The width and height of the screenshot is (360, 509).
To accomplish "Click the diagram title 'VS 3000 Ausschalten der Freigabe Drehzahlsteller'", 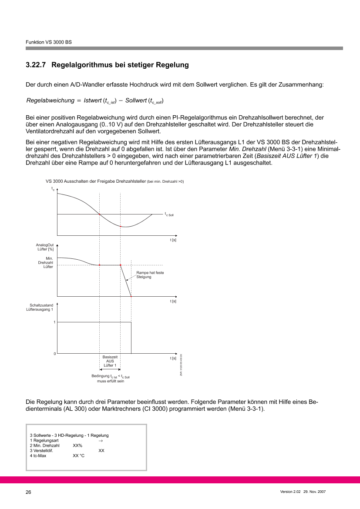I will pos(96,181).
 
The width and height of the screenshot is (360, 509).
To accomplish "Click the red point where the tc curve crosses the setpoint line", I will pos(100,214).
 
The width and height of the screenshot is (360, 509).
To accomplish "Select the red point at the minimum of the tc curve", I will pos(120,227).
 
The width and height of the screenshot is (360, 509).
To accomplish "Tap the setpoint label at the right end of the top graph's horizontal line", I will pos(169,214).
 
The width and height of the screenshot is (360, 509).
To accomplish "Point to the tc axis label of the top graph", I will pos(53,189).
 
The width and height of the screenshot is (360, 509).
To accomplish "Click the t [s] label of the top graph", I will pos(173,240).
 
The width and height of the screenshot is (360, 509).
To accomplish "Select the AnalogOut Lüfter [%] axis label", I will pos(45,247).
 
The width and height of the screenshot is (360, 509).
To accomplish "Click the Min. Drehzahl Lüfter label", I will pos(46,262).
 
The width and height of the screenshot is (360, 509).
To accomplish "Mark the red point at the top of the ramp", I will pos(120,265).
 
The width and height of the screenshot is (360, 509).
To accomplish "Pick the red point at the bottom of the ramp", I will pos(131,296).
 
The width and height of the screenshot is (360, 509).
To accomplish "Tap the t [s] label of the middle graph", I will pos(173,301).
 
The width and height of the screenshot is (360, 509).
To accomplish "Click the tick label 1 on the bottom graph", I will pos(54,322).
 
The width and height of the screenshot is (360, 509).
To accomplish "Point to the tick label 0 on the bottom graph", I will pos(54,354).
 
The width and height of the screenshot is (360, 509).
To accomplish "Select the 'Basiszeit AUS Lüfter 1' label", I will pos(110,361).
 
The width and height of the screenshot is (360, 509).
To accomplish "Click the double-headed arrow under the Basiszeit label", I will pos(110,368).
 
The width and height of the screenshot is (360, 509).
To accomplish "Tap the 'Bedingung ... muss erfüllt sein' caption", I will pos(111,378).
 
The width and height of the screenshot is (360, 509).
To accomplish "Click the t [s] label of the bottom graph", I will pos(173,358).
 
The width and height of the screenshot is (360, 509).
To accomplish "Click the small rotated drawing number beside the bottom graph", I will pos(181,365).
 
